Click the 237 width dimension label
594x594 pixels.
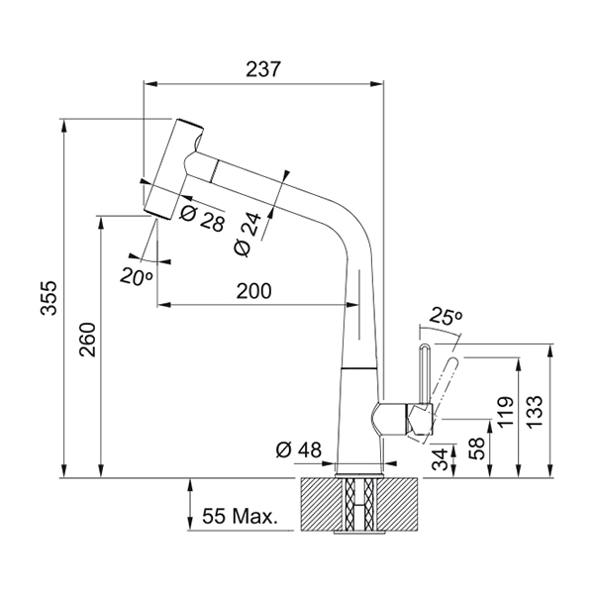tap(264, 70)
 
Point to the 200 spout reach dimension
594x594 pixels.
tap(254, 291)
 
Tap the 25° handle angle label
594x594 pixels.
tap(446, 317)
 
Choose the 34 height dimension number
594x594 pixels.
tap(441, 457)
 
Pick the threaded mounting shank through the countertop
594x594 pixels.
tap(359, 505)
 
